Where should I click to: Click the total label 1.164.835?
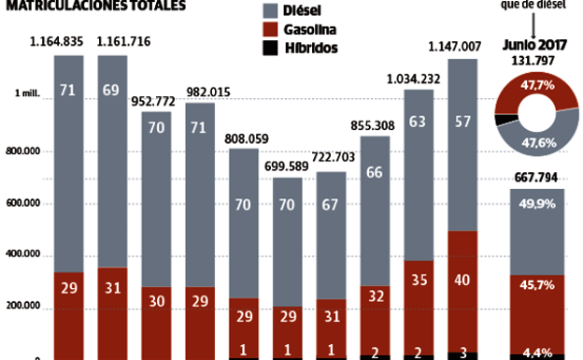[56, 40]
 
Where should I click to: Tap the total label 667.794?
[537, 179]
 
